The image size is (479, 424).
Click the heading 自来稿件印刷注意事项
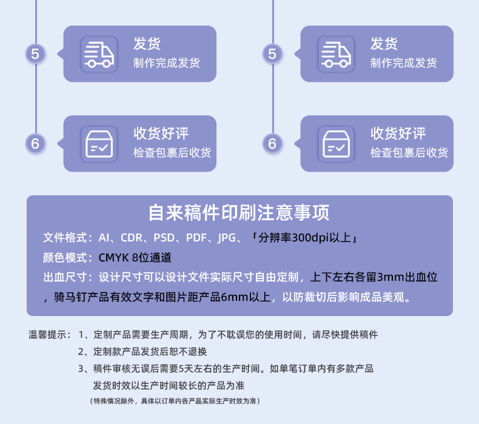(x=239, y=214)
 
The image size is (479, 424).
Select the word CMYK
(x=113, y=257)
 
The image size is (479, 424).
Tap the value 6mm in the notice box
(x=236, y=297)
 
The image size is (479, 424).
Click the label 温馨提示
(x=48, y=334)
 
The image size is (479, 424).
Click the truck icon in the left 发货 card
(x=98, y=54)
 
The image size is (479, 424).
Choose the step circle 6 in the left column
(x=35, y=144)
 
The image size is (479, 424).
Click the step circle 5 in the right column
(x=272, y=54)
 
